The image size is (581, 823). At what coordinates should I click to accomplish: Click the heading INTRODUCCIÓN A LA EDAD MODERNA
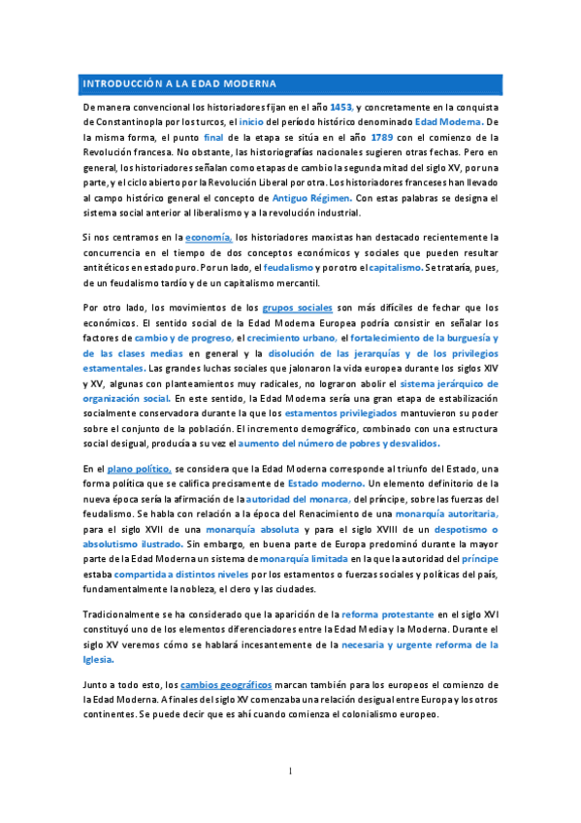coord(180,83)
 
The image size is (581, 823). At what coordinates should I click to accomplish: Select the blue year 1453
coord(342,106)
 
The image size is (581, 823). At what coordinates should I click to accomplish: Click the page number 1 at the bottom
coord(290,772)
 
